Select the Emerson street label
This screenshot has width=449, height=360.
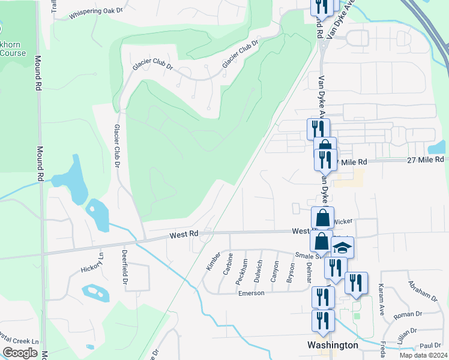click(252, 293)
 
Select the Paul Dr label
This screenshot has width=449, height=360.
click(430, 346)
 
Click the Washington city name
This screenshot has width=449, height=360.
click(333, 345)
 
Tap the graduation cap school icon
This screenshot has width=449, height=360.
click(343, 247)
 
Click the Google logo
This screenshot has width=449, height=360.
click(20, 353)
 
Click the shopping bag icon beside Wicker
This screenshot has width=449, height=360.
click(322, 217)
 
